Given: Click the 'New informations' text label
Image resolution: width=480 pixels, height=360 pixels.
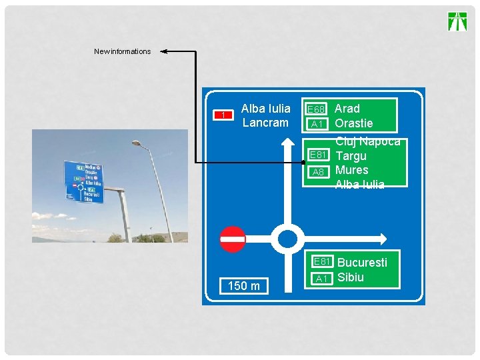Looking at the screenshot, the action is pos(122,51).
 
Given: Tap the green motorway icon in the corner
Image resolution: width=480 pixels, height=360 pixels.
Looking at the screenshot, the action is pos(457,21).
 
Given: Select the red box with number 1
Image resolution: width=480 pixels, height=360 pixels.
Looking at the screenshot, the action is pos(223,115).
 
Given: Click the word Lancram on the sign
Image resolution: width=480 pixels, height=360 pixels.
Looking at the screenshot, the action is pos(265,123).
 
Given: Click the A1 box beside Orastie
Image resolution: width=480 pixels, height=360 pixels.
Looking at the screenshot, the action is pos(317,124).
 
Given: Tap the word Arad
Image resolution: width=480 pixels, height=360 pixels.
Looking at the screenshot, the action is pos(347,108).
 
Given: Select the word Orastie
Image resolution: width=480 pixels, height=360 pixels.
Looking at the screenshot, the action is pos(353,123).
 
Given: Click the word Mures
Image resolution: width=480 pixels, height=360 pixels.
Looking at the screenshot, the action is pos(351,170).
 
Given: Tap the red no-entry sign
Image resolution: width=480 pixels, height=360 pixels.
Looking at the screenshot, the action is pos(233,239).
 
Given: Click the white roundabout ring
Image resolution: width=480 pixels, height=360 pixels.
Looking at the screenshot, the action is pos(288,239).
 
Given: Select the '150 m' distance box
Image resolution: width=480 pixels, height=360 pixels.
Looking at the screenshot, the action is pos(244,286).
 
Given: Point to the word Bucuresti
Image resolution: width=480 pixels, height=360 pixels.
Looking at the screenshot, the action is pos(362,262).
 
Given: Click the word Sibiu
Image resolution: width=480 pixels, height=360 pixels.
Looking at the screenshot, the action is pos(351,277).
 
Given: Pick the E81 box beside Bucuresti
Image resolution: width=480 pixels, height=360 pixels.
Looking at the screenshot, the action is pos(322,262).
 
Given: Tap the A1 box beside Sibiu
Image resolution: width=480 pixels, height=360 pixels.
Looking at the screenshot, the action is pos(322,279).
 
